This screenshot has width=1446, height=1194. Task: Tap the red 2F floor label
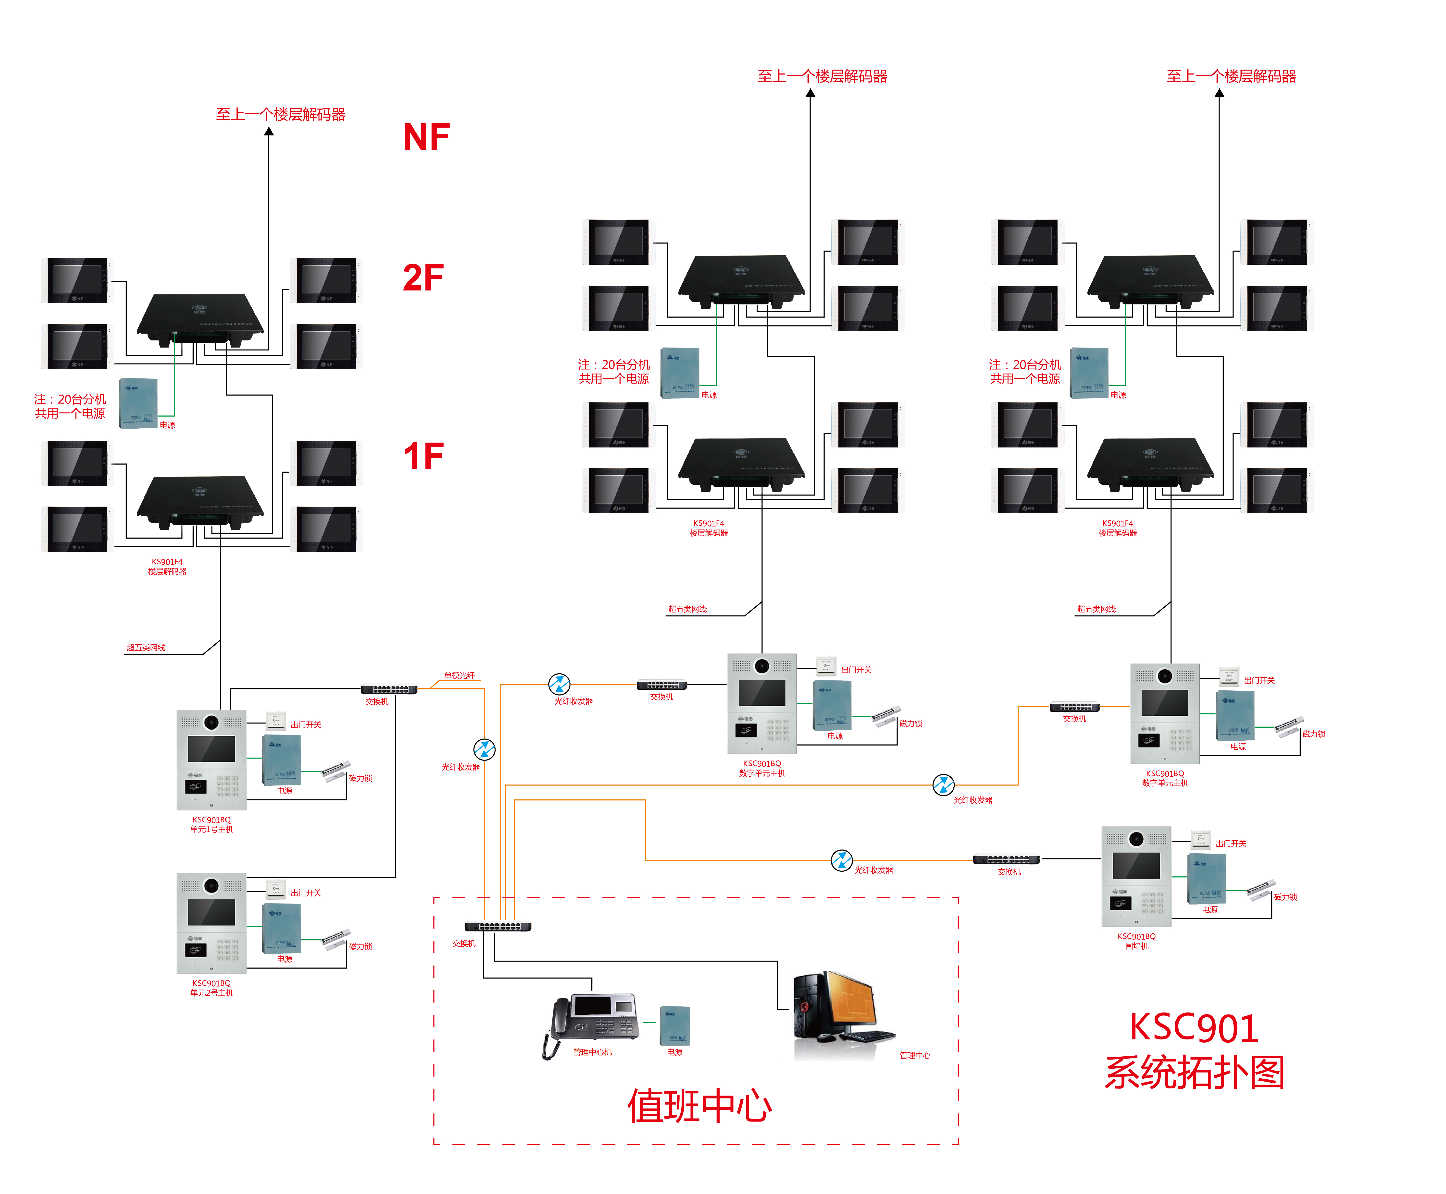(x=423, y=278)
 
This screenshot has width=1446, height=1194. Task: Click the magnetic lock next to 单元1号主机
(x=336, y=770)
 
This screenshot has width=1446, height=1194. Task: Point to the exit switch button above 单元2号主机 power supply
(x=275, y=889)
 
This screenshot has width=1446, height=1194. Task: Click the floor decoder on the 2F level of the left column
(x=199, y=316)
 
